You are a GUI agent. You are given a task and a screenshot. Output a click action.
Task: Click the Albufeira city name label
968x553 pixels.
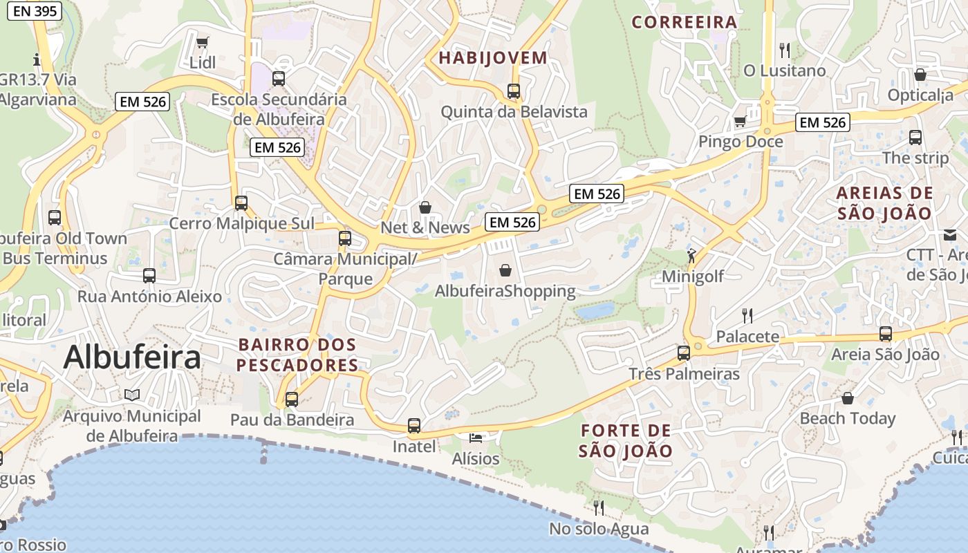(x=132, y=357)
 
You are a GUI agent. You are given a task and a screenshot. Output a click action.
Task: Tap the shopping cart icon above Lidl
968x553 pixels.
(x=203, y=43)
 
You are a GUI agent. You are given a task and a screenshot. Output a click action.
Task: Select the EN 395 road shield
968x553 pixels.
(x=35, y=11)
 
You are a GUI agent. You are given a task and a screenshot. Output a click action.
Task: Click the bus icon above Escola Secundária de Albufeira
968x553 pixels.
(x=279, y=79)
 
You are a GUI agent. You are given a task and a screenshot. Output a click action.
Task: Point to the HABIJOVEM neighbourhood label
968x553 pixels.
(x=493, y=57)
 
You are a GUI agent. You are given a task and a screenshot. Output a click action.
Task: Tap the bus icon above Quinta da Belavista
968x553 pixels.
(x=513, y=91)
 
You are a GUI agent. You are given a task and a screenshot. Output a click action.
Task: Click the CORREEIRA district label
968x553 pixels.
(x=685, y=22)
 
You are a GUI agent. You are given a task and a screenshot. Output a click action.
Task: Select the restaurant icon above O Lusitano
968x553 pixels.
(x=784, y=50)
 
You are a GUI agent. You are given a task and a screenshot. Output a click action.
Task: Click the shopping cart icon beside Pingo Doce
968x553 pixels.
(x=740, y=122)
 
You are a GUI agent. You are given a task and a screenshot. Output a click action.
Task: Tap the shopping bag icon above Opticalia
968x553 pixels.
(x=920, y=75)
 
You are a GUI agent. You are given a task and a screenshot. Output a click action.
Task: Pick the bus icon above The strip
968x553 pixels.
(x=915, y=138)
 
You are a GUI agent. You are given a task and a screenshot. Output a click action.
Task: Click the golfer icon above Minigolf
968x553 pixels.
(x=691, y=256)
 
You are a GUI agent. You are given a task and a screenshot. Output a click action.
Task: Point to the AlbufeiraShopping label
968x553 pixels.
(x=505, y=291)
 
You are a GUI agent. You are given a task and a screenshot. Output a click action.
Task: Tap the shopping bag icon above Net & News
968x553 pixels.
(x=425, y=207)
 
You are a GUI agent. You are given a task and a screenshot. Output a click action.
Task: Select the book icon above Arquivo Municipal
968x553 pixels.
(x=132, y=395)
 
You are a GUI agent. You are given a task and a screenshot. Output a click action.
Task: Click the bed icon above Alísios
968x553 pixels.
(x=476, y=438)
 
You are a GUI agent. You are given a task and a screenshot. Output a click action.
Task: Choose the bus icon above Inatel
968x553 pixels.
(x=414, y=426)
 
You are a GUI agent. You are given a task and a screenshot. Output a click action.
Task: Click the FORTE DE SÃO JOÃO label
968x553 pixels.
(x=625, y=441)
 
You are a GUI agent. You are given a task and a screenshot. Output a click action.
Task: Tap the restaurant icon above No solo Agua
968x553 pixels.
(x=599, y=508)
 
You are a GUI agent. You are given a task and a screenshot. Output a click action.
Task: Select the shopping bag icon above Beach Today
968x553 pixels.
(x=847, y=398)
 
